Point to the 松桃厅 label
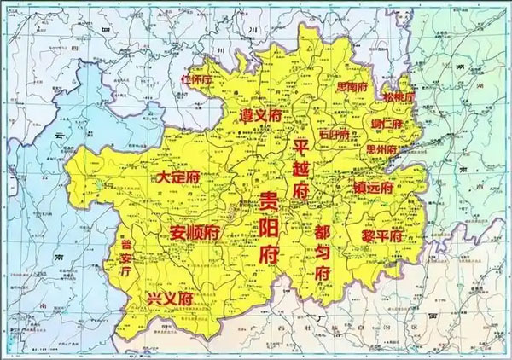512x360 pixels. coord(399,98)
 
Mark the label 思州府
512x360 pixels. coord(381,149)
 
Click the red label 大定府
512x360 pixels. coord(179,177)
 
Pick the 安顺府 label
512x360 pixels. coord(195,231)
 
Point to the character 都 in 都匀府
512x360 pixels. coord(323,229)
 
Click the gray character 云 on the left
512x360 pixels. coord(59,136)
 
